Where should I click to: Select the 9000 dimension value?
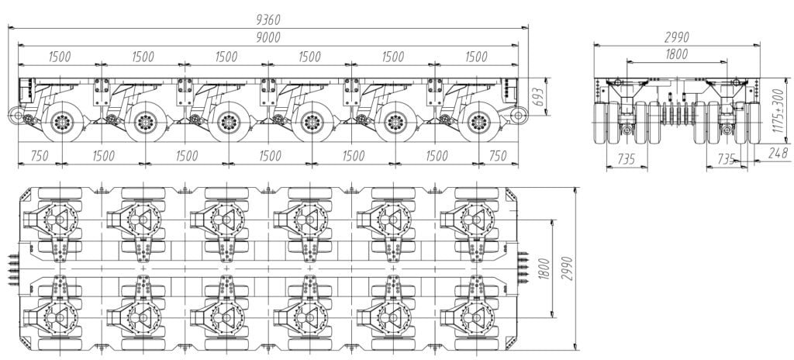coord(268,36)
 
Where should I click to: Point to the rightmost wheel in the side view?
coord(478,122)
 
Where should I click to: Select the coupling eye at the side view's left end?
coord(17,116)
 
